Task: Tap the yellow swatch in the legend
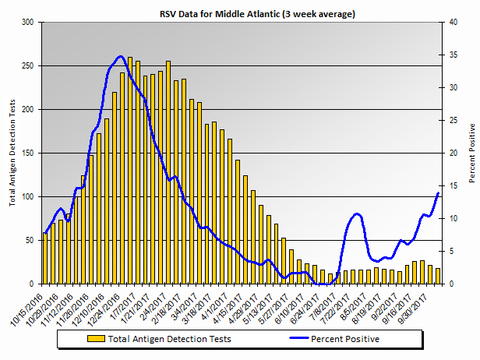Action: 97,339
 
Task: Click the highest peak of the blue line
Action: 119,56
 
